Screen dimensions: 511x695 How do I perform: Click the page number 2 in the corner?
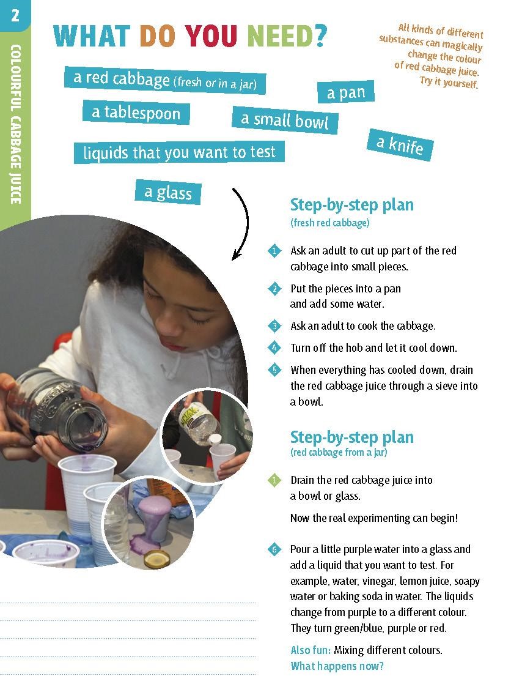pos(15,16)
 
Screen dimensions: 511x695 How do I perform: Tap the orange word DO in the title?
pos(157,35)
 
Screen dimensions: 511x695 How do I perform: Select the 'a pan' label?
pos(346,92)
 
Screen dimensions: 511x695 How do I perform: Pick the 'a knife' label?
pos(400,145)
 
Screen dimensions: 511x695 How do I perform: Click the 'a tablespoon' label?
pos(136,113)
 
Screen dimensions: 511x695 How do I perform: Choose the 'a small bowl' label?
pos(285,120)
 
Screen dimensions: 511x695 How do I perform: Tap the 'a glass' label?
pos(168,192)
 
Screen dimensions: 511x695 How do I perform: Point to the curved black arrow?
pos(246,221)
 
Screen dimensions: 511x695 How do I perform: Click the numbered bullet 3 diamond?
pos(274,326)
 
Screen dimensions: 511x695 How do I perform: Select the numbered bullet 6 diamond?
pos(274,549)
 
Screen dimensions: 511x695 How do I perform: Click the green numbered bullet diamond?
pos(274,480)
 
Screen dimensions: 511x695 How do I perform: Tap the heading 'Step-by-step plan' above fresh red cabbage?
pos(352,205)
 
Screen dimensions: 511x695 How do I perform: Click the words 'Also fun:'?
pos(311,650)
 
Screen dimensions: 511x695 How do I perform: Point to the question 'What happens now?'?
pos(337,666)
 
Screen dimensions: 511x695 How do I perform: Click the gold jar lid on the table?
pos(157,559)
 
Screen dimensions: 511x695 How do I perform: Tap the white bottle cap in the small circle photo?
pos(216,439)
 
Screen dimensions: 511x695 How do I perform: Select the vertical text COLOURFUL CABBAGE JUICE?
pos(15,124)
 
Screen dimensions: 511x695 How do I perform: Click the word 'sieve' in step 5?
pos(444,386)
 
